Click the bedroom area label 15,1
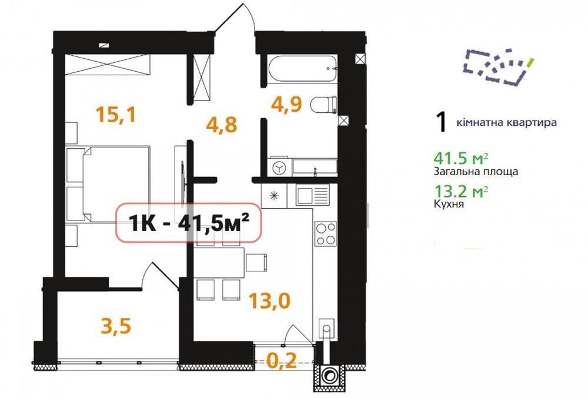tap(115, 114)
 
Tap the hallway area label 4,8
tap(222, 124)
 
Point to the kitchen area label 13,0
tap(270, 300)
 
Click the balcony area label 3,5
tap(116, 325)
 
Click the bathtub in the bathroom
tap(303, 68)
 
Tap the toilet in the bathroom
tap(323, 104)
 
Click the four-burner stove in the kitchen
tap(326, 233)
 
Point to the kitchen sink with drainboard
tap(312, 195)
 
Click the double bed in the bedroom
tap(108, 184)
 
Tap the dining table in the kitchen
tap(219, 263)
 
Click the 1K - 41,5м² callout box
tap(188, 223)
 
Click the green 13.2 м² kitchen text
tap(461, 192)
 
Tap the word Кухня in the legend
tap(449, 204)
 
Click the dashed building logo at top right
tap(499, 66)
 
